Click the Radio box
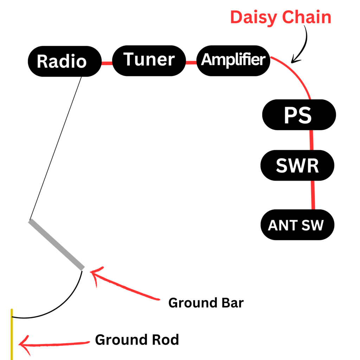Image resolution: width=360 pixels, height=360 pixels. tap(62, 61)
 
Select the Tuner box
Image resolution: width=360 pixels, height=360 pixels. tap(149, 60)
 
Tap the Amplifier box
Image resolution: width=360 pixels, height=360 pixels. tap(233, 60)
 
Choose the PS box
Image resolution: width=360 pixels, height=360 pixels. tap(299, 115)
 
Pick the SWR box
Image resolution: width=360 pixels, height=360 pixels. tap(297, 166)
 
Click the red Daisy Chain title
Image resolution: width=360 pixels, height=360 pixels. tap(281, 18)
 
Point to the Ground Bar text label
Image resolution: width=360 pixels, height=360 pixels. tap(206, 302)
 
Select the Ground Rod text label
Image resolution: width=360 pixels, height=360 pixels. tap(137, 340)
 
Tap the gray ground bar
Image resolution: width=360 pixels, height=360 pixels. tap(57, 245)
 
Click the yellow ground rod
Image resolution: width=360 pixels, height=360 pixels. tap(12, 334)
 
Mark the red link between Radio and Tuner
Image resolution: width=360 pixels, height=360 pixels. tap(107, 63)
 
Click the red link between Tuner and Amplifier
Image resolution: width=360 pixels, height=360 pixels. tap(191, 63)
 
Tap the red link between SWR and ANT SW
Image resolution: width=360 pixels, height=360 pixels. tap(313, 195)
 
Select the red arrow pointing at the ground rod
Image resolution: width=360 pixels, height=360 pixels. tap(53, 343)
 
